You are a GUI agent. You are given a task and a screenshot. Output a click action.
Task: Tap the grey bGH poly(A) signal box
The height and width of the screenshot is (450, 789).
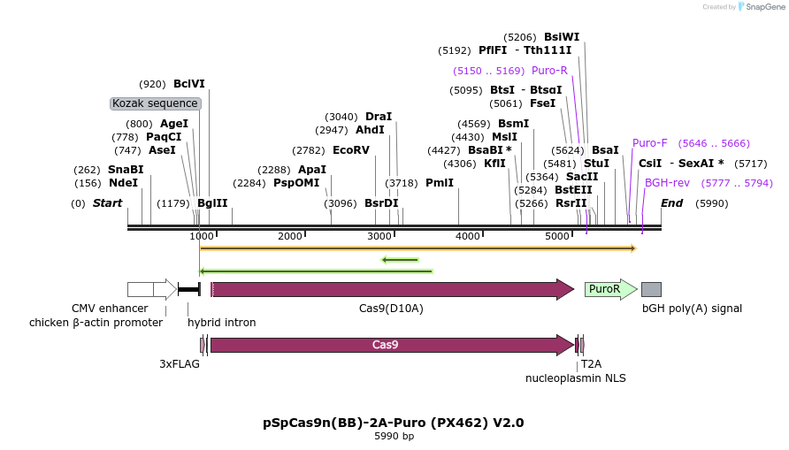click(651, 289)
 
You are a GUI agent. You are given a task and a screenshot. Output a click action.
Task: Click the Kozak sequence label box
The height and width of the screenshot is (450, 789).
click(156, 103)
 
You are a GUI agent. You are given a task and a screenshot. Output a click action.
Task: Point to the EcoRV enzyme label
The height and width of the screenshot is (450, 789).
click(350, 150)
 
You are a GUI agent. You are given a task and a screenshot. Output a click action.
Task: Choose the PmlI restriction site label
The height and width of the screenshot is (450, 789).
click(439, 183)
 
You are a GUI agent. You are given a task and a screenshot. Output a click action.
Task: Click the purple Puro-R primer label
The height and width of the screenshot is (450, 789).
click(549, 71)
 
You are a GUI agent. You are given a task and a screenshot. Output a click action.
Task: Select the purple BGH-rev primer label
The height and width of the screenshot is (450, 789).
click(667, 183)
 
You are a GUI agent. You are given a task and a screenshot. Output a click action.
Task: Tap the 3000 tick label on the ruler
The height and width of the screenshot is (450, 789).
click(379, 236)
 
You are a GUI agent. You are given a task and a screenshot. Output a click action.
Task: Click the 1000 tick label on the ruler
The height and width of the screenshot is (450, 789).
click(202, 236)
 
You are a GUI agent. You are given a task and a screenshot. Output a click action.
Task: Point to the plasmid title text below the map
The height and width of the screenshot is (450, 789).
click(394, 423)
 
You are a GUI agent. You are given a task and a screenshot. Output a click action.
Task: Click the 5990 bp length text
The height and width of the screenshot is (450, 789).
click(394, 437)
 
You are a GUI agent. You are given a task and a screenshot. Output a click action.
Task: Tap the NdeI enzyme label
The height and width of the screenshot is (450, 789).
click(123, 183)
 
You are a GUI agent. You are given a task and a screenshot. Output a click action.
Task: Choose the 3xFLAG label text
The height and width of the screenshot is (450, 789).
click(180, 363)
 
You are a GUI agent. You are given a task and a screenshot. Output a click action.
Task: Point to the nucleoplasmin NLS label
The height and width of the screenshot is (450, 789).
click(575, 378)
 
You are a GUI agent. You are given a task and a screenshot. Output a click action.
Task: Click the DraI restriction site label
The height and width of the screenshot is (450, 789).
click(379, 117)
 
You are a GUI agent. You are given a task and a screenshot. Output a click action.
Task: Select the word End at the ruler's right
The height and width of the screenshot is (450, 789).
click(672, 203)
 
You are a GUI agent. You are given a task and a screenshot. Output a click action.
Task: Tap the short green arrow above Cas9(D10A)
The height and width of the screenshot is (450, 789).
click(400, 260)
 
